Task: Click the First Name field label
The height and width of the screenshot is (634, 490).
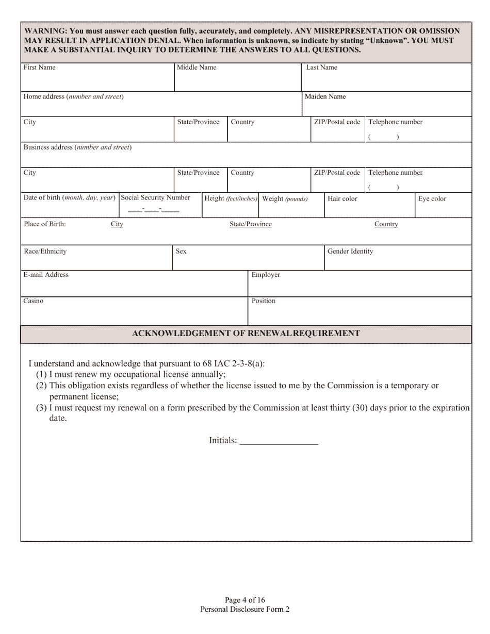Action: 39,68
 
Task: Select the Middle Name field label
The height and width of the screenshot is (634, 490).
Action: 197,68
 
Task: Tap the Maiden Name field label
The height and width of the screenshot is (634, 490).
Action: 325,97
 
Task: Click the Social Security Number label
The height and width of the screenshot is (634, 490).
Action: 155,198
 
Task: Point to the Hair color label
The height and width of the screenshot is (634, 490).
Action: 342,199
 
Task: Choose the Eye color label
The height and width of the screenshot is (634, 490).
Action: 432,199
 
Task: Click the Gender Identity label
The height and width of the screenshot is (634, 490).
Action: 350,252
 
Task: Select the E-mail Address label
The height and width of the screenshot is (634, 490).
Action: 46,275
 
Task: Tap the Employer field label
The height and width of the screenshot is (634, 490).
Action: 266,275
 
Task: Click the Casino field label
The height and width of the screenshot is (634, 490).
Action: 34,301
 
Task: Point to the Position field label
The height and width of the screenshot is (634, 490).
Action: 264,301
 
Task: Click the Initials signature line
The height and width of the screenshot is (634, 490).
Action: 279,442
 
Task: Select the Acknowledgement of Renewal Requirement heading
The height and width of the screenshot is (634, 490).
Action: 246,333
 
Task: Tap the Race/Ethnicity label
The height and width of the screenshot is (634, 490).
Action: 45,252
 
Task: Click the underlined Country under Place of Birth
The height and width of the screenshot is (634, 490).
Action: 386,224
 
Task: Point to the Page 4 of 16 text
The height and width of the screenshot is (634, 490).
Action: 245,600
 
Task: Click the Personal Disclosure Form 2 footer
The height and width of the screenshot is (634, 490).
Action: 245,609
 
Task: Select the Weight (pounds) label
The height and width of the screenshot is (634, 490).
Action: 285,199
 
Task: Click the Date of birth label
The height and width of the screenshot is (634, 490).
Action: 69,198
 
